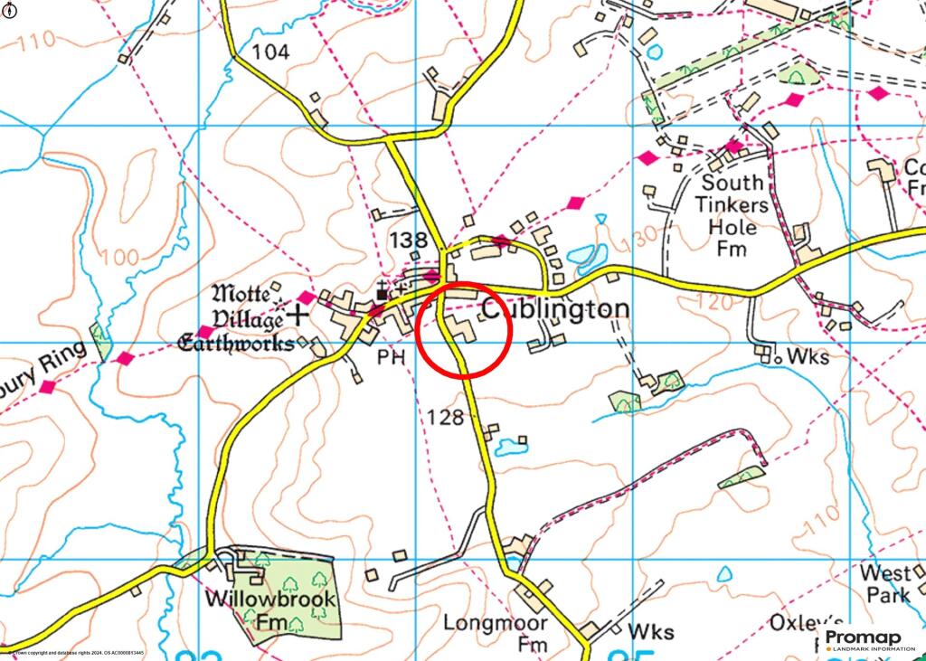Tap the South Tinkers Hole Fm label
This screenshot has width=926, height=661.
tap(733, 215)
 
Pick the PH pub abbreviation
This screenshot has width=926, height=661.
tap(391, 358)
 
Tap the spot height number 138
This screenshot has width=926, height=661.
tap(407, 240)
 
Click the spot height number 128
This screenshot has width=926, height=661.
tap(447, 417)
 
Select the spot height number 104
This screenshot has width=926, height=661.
tap(270, 52)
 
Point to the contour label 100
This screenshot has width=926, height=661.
tap(118, 258)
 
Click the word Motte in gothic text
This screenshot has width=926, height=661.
tap(240, 294)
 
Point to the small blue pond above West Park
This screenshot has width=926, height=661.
tap(724, 574)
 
